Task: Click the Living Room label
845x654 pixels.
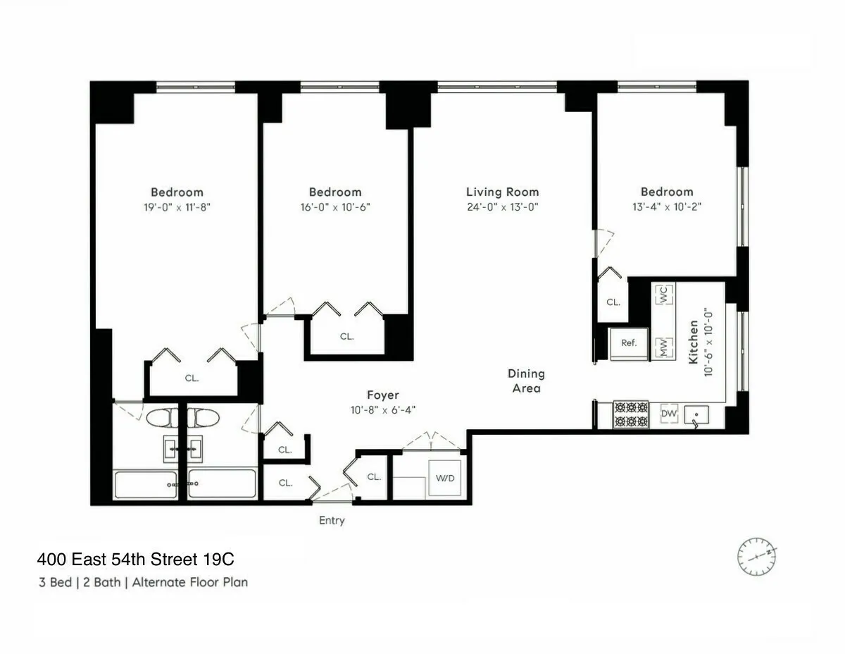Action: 502,192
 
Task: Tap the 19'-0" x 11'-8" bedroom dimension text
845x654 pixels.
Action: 177,207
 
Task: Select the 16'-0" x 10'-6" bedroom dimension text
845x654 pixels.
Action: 335,207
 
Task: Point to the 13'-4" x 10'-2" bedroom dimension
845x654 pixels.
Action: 667,207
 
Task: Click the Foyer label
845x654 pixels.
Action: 382,395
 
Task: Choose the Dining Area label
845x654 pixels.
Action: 526,381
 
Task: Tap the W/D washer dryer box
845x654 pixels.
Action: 445,479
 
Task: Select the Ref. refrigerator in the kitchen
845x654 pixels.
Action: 629,343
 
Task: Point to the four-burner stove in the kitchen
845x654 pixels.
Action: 630,414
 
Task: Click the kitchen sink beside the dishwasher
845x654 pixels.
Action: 696,414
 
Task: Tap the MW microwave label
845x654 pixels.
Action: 663,347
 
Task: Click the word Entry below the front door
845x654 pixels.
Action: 332,521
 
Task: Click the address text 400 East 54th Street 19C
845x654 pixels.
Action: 135,560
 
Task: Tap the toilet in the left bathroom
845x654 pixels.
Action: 163,418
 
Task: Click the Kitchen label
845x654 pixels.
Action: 694,342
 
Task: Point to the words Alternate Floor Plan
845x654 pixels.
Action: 190,582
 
